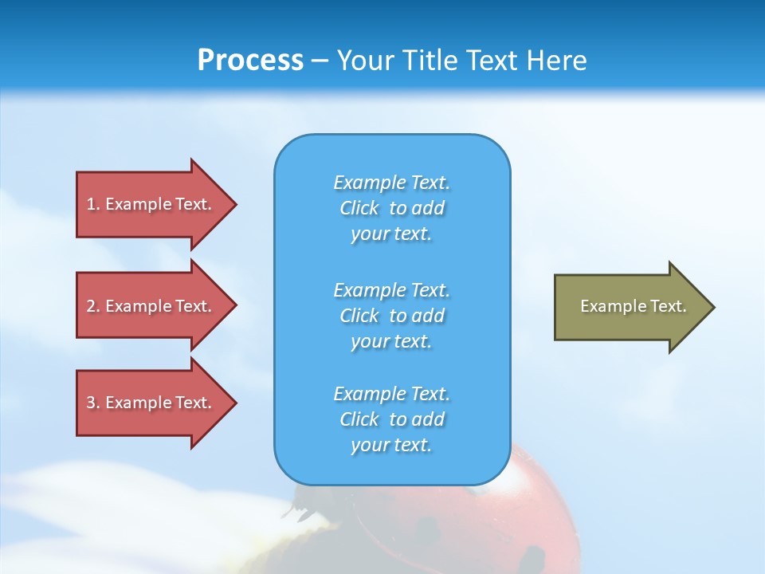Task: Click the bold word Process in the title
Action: tap(250, 61)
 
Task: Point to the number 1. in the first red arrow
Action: tap(93, 204)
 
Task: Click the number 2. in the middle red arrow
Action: tap(93, 306)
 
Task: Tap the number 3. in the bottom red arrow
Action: tap(93, 403)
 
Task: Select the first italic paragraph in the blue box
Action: tap(391, 208)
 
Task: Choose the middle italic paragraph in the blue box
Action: tap(391, 316)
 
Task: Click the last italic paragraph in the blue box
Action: tap(391, 419)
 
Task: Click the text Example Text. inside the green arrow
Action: tap(633, 306)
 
